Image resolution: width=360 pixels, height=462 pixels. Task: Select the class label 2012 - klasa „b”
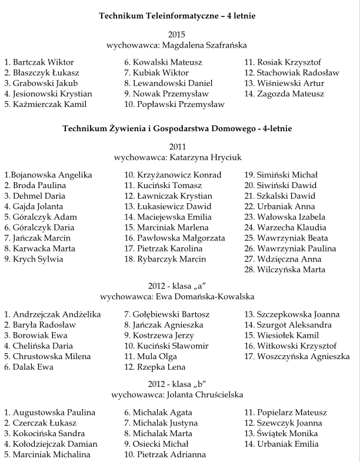181,384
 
